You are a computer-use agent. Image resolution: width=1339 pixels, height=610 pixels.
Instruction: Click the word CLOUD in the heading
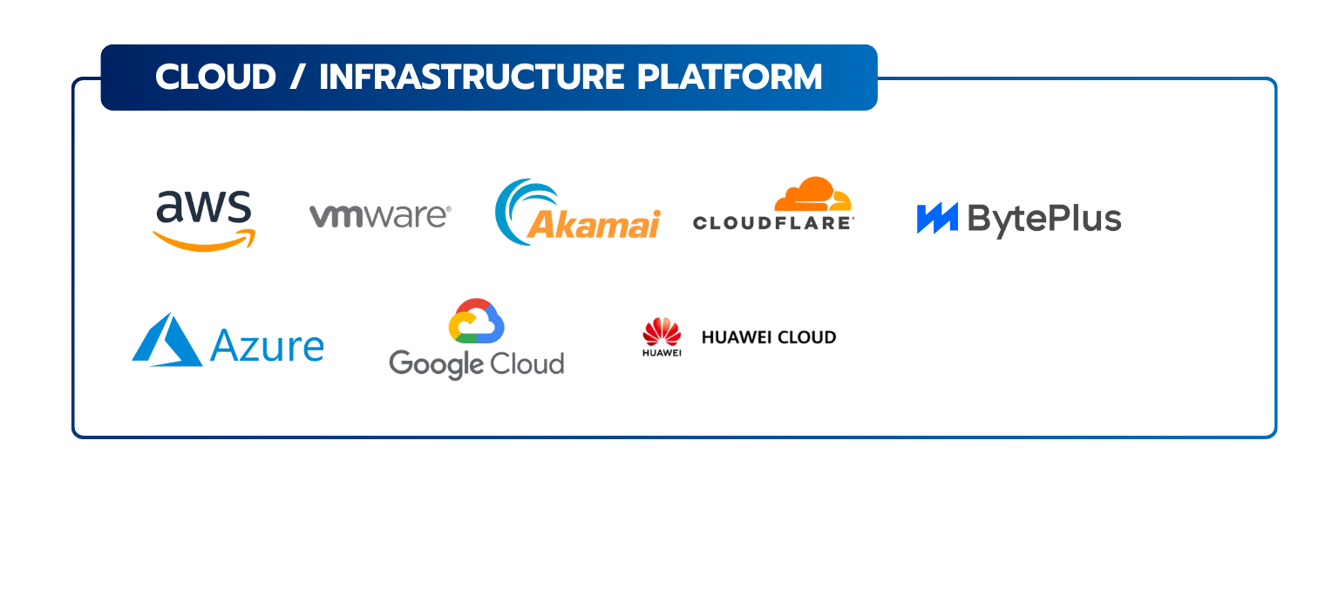(x=215, y=78)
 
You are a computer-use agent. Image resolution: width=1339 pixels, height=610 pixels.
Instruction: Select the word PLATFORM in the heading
(x=730, y=78)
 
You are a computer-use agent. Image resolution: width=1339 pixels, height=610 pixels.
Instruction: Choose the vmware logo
(x=379, y=215)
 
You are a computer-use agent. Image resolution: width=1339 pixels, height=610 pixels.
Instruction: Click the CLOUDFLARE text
(x=772, y=223)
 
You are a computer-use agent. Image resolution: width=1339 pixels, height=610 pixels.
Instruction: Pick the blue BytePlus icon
(x=937, y=218)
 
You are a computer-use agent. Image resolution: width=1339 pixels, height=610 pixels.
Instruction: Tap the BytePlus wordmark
(x=1044, y=220)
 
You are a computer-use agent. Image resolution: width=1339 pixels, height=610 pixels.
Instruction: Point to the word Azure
(x=267, y=346)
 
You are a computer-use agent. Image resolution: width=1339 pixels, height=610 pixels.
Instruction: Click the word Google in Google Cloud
(x=436, y=363)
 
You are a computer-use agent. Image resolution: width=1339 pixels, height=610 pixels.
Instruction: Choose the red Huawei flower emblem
(x=662, y=333)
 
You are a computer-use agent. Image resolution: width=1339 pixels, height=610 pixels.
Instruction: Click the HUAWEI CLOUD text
(x=769, y=337)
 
